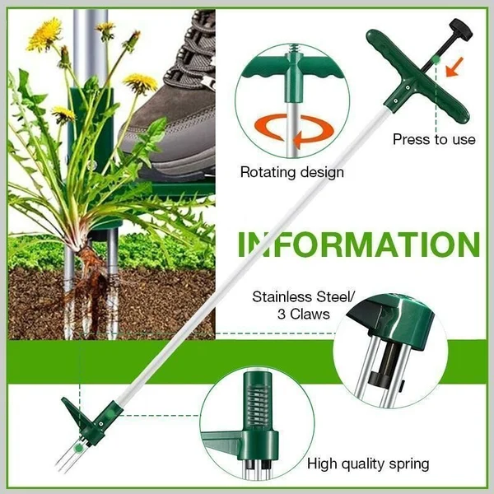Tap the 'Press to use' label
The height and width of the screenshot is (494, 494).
pos(434,139)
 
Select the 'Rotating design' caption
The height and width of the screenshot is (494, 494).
pos(291,173)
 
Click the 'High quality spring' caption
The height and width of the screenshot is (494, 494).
pos(368,464)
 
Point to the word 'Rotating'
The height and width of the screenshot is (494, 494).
pos(268,173)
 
